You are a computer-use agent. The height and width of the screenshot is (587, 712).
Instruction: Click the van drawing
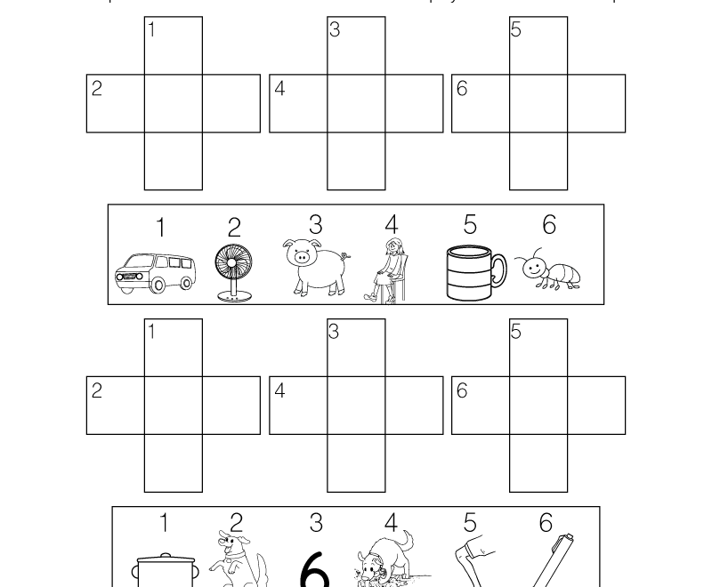pyautogui.click(x=155, y=272)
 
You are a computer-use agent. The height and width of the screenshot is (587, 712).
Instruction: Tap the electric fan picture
pyautogui.click(x=233, y=271)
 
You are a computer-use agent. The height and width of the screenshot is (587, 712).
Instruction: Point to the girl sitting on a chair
pyautogui.click(x=390, y=270)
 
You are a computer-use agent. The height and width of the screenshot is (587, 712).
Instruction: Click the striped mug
pyautogui.click(x=473, y=273)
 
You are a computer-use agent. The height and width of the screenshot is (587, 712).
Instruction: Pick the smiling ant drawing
pyautogui.click(x=548, y=269)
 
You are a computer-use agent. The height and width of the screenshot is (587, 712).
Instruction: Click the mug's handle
pyautogui.click(x=498, y=272)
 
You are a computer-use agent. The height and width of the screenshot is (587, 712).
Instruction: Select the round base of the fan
pyautogui.click(x=233, y=299)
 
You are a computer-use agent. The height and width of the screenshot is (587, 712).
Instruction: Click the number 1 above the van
pyautogui.click(x=160, y=228)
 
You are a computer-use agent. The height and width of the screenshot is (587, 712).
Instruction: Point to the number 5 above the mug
pyautogui.click(x=470, y=225)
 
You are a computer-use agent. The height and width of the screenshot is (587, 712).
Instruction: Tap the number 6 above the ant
pyautogui.click(x=548, y=225)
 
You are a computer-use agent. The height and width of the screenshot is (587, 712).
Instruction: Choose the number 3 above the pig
pyautogui.click(x=315, y=224)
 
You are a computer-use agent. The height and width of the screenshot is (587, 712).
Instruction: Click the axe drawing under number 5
pyautogui.click(x=467, y=562)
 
